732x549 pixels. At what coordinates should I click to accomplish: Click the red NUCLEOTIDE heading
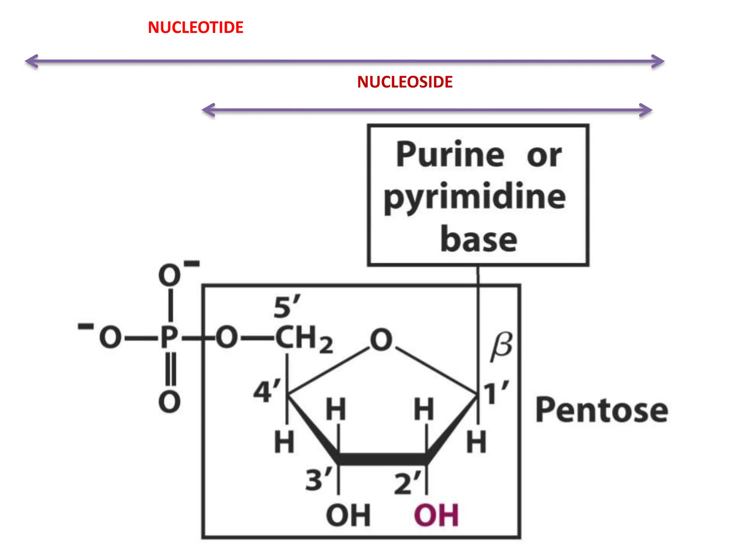(x=196, y=28)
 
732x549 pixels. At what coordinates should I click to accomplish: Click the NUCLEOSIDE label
(x=405, y=82)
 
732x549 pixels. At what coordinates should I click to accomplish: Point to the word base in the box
(x=479, y=239)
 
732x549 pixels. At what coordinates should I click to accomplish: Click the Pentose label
(x=602, y=410)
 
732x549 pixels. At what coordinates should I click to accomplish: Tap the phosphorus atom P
(x=169, y=337)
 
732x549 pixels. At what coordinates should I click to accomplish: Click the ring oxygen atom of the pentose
(x=381, y=340)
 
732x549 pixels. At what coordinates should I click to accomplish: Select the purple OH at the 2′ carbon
(x=436, y=515)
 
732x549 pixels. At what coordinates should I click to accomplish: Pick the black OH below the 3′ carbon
(x=348, y=515)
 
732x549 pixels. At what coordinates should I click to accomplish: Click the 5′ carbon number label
(x=287, y=307)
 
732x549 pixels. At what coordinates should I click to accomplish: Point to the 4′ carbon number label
(x=267, y=391)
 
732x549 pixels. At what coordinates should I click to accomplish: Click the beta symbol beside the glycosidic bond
(x=501, y=346)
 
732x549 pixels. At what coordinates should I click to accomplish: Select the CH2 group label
(x=304, y=338)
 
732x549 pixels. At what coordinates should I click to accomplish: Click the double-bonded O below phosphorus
(x=169, y=402)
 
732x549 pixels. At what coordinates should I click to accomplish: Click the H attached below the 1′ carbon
(x=476, y=442)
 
